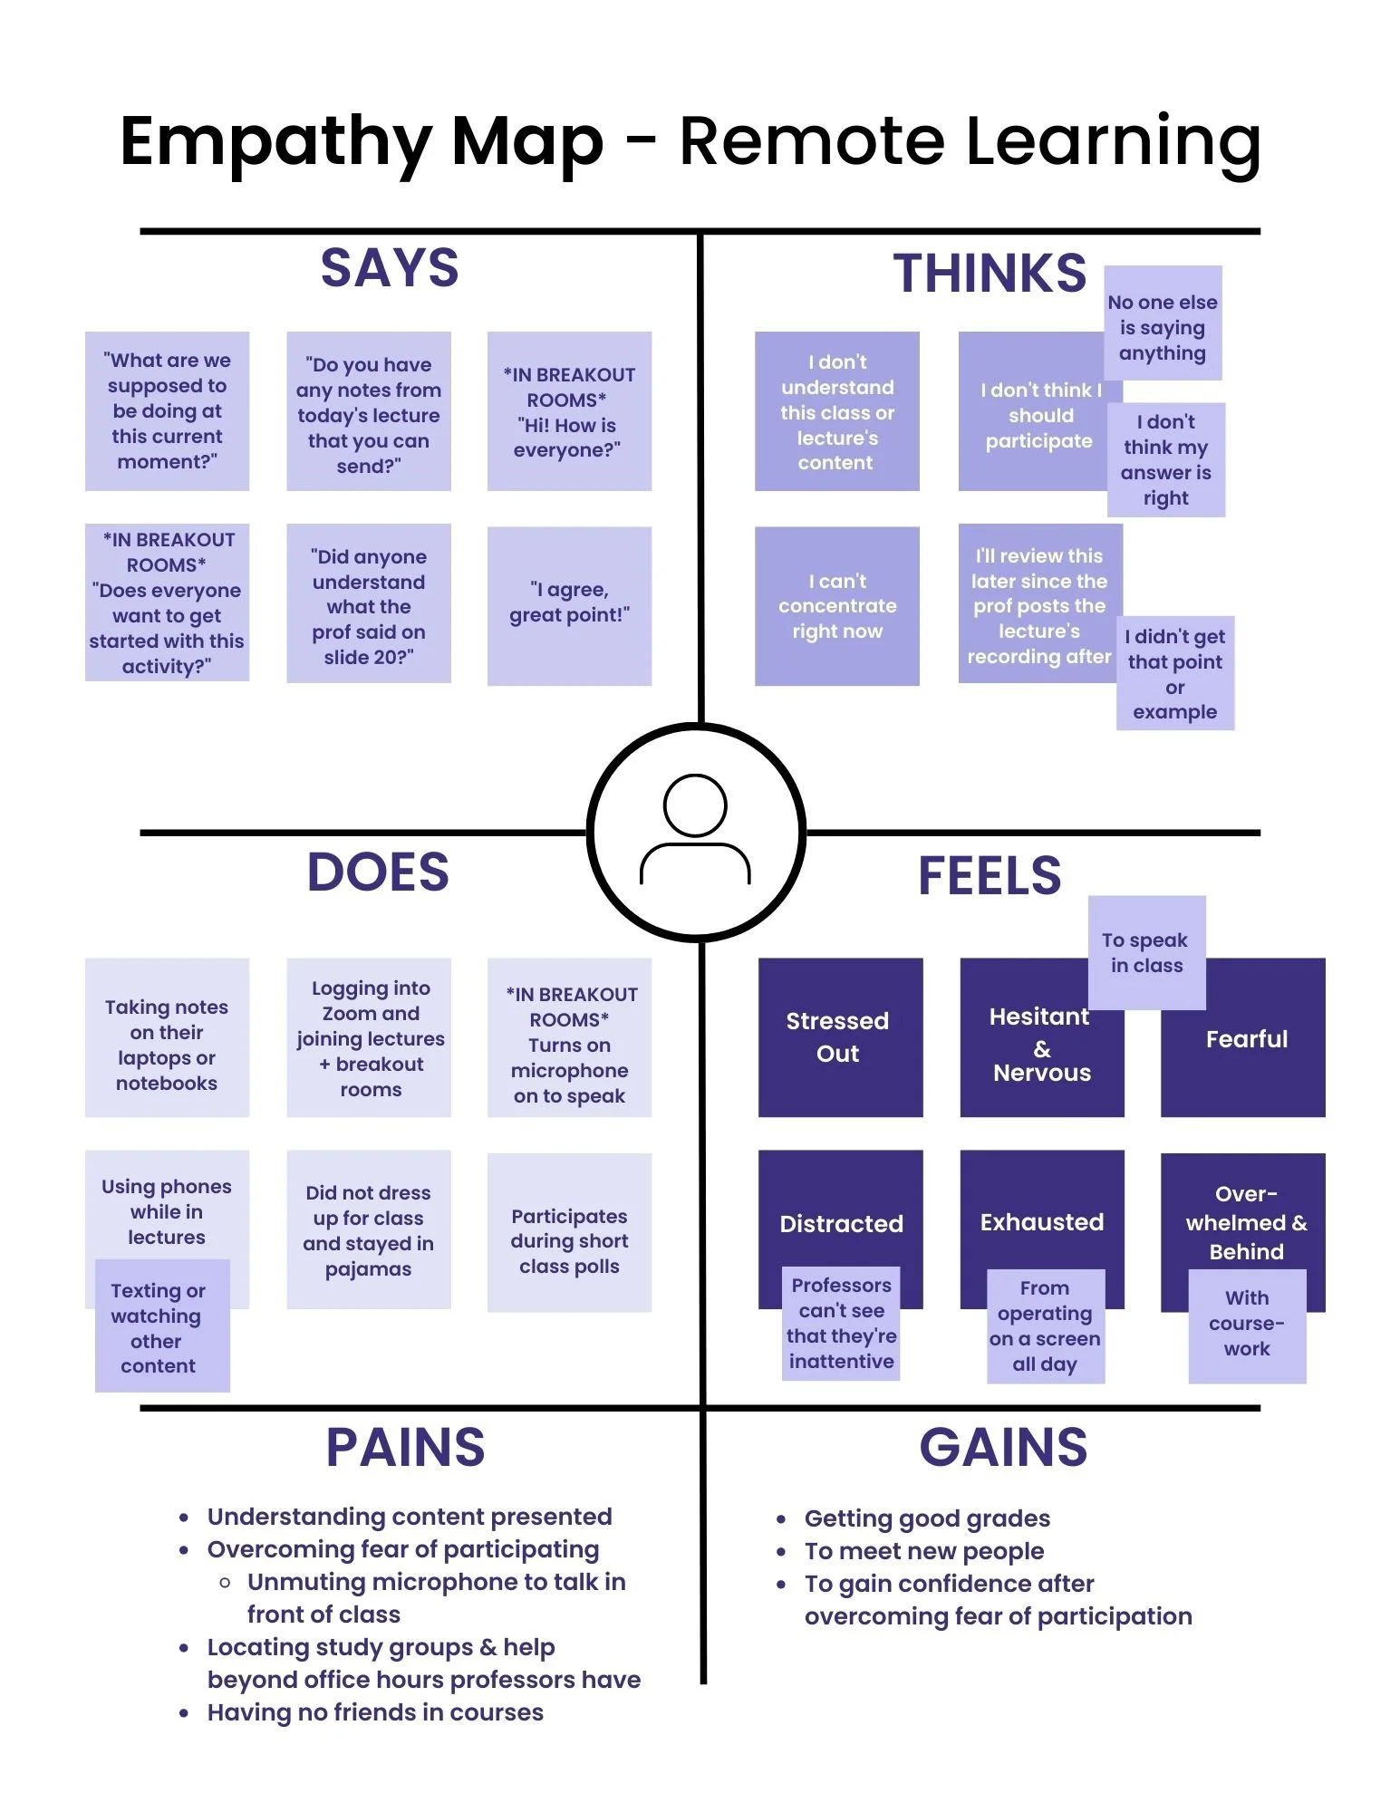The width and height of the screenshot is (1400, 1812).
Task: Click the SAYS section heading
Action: [390, 268]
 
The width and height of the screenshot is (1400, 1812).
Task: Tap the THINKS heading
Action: [990, 274]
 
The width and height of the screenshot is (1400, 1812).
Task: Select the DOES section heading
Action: [378, 872]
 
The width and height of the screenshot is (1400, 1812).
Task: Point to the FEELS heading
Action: [990, 876]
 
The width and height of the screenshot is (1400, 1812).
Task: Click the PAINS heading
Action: [405, 1447]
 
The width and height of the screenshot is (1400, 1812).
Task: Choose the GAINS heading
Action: [1003, 1447]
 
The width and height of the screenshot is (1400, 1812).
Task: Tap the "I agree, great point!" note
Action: [569, 604]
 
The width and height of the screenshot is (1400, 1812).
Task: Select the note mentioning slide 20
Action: [368, 604]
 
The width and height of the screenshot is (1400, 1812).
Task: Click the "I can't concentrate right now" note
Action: [836, 605]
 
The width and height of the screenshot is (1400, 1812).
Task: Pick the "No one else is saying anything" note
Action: [1163, 324]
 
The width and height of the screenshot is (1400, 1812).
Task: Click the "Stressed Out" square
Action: [839, 1036]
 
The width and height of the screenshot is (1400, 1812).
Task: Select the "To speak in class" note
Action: [1146, 952]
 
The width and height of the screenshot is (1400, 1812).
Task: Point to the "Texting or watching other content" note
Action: [161, 1326]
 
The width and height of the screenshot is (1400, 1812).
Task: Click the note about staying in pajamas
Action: [368, 1229]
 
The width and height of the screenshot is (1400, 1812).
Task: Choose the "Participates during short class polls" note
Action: [569, 1240]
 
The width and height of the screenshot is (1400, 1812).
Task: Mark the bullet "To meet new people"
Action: [923, 1551]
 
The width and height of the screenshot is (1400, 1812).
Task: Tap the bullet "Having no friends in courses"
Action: [375, 1712]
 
